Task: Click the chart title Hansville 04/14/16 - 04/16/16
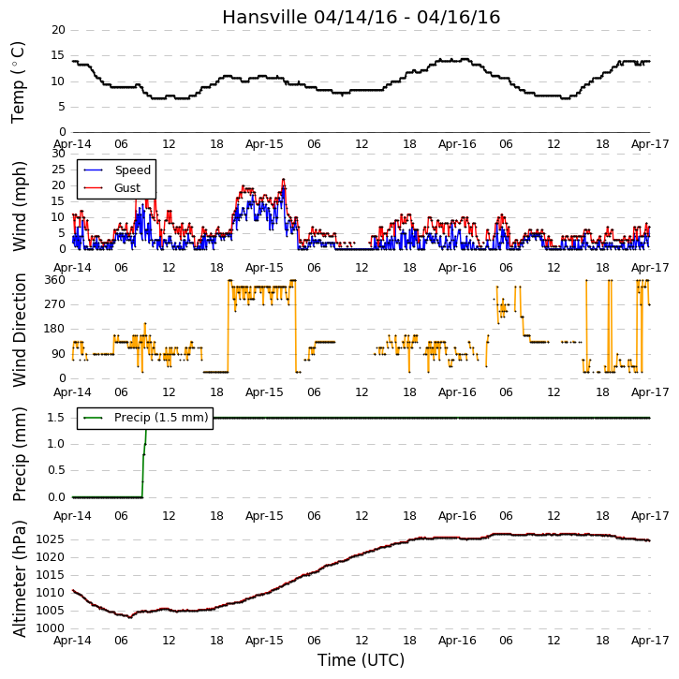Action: (x=362, y=17)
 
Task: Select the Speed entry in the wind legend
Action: (x=117, y=170)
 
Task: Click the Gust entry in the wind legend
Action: (x=112, y=188)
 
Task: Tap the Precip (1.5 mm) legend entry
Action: (x=146, y=418)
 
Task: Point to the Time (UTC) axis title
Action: (x=362, y=660)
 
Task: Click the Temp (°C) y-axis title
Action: (x=18, y=82)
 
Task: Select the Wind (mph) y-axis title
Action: (x=19, y=206)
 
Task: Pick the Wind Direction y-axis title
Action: (x=19, y=330)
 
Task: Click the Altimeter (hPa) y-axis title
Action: (x=19, y=579)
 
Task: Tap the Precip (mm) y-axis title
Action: (x=19, y=454)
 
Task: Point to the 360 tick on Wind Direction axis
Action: (x=55, y=280)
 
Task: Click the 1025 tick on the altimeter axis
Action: (x=50, y=539)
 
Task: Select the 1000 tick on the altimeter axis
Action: (x=50, y=628)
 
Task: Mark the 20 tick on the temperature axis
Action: (x=58, y=30)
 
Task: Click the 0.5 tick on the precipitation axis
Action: (x=56, y=470)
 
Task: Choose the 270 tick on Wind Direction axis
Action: (x=55, y=304)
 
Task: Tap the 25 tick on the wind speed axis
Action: (x=58, y=170)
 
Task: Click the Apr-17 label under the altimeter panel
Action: (x=650, y=640)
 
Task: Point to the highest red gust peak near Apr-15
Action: (x=283, y=179)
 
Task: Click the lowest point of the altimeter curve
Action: (x=130, y=617)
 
